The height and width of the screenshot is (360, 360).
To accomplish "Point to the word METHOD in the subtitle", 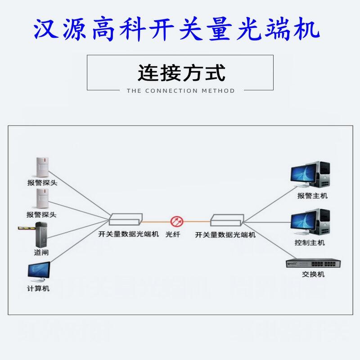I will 218,91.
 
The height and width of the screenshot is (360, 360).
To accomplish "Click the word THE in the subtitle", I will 134,91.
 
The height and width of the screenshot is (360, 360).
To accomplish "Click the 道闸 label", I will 41,252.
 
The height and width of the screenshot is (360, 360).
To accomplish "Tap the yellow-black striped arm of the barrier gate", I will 26,229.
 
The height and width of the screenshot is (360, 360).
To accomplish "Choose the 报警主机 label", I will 312,196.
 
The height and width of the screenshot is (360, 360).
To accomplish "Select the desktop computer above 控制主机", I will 310,222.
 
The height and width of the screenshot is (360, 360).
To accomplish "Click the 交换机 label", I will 313,274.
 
